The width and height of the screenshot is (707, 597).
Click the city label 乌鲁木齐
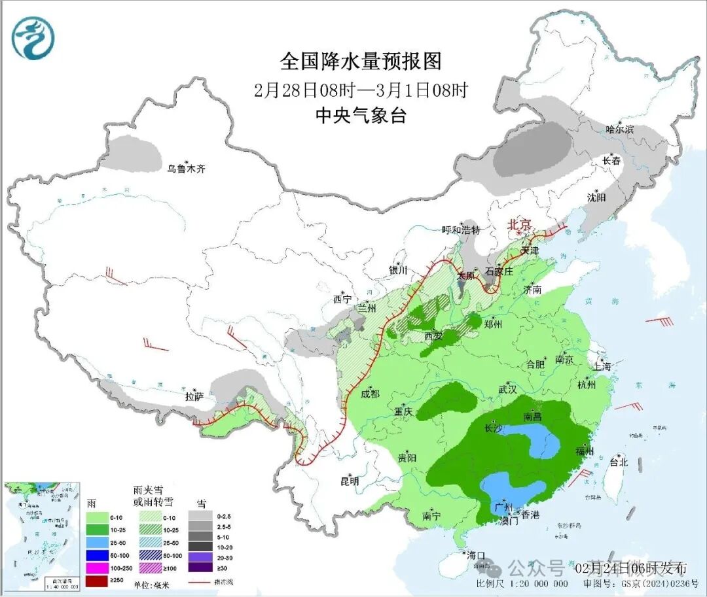pyautogui.click(x=186, y=169)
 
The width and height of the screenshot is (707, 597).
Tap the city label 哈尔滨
pyautogui.click(x=619, y=129)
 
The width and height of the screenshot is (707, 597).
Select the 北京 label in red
pyautogui.click(x=522, y=224)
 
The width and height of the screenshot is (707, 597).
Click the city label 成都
pyautogui.click(x=370, y=394)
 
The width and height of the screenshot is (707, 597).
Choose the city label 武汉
pyautogui.click(x=507, y=389)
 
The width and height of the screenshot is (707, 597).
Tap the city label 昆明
pyautogui.click(x=350, y=481)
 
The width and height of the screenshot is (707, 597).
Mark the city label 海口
pyautogui.click(x=476, y=556)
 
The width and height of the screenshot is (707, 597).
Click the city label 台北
pyautogui.click(x=618, y=462)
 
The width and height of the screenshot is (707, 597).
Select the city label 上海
pyautogui.click(x=601, y=366)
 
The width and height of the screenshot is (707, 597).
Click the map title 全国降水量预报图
pyautogui.click(x=361, y=61)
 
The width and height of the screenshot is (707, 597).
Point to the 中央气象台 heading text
pyautogui.click(x=361, y=116)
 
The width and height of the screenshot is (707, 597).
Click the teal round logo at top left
pyautogui.click(x=33, y=38)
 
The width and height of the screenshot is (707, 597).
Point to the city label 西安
pyautogui.click(x=433, y=336)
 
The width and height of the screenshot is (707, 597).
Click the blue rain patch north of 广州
pyautogui.click(x=515, y=488)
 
